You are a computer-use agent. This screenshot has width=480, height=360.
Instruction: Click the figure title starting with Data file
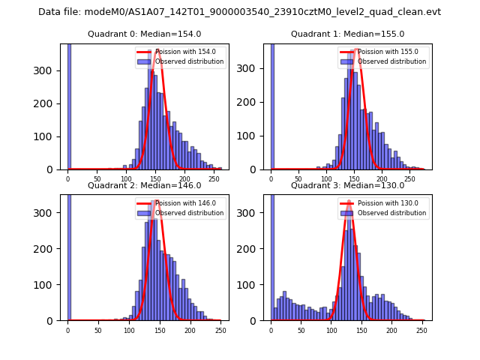click(x=239, y=12)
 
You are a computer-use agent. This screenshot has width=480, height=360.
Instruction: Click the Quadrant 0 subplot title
click(x=145, y=34)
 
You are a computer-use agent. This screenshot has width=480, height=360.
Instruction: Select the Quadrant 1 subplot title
click(x=348, y=34)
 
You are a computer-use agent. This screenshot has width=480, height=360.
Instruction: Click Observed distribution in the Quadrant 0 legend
click(x=189, y=61)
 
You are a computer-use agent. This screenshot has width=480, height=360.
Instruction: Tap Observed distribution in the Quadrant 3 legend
click(x=391, y=213)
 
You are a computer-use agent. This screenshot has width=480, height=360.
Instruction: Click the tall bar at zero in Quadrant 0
click(x=68, y=105)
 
